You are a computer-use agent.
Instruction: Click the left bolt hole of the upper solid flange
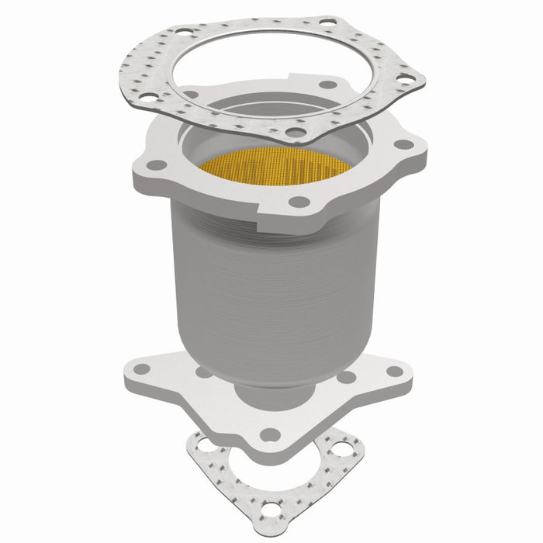pyautogui.click(x=157, y=164)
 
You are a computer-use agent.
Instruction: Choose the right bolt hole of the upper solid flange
pyautogui.click(x=402, y=144)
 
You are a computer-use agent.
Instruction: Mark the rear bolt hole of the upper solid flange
pyautogui.click(x=327, y=85)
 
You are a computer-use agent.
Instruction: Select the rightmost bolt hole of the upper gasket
pyautogui.click(x=405, y=78)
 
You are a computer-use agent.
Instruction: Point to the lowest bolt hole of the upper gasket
pyautogui.click(x=295, y=132)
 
